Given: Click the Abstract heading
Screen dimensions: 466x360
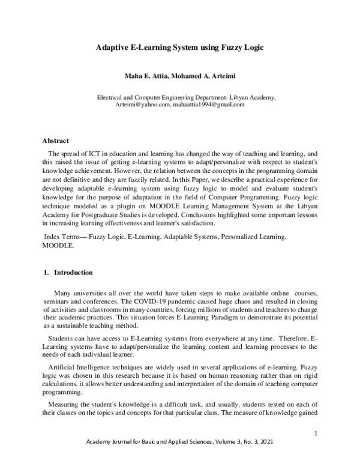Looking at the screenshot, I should tap(56, 141).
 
